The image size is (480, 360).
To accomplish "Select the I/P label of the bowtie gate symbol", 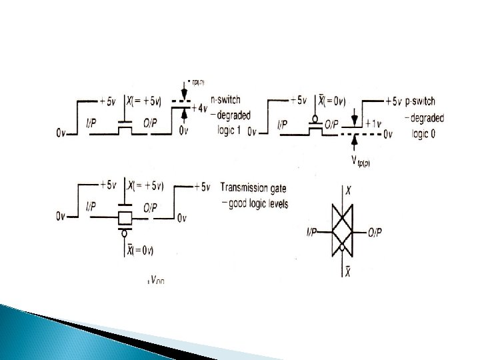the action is (x=312, y=232).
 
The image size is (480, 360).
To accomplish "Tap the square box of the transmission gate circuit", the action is (x=125, y=218).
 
